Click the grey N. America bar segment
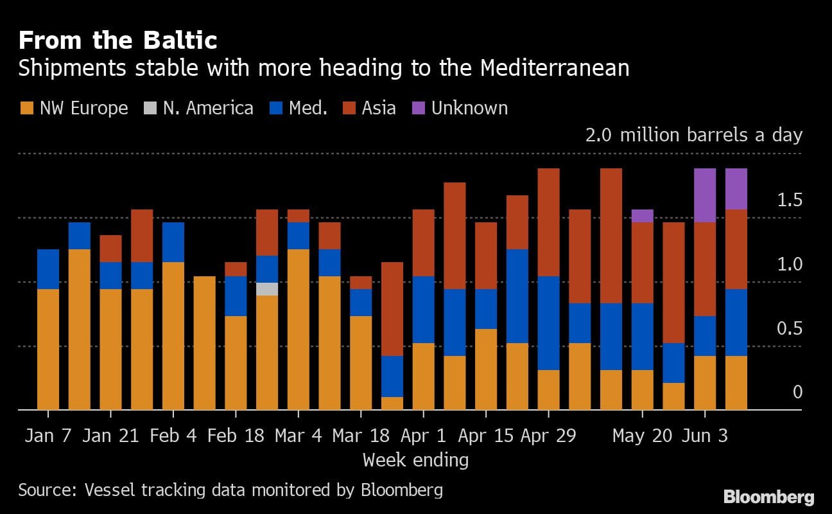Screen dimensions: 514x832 point(267,289)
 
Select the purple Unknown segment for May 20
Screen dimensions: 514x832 point(643,216)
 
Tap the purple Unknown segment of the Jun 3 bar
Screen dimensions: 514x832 point(705,195)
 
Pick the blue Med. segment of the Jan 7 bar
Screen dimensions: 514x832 point(48,269)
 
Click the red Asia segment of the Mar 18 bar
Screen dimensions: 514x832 point(361,283)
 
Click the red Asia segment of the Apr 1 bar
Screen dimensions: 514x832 point(423,243)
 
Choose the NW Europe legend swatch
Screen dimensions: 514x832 point(26,108)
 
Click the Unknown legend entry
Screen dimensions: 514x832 point(469,108)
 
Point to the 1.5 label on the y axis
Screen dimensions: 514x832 point(790,200)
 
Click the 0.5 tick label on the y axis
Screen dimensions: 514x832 point(790,329)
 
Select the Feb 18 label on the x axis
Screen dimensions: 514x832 point(236,436)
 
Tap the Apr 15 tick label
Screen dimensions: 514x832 point(485,436)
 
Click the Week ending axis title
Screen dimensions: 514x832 point(415,460)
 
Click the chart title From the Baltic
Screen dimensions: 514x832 point(117,41)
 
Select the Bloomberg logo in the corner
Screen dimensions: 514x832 point(768,497)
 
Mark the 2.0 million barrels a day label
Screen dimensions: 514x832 point(693,136)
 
